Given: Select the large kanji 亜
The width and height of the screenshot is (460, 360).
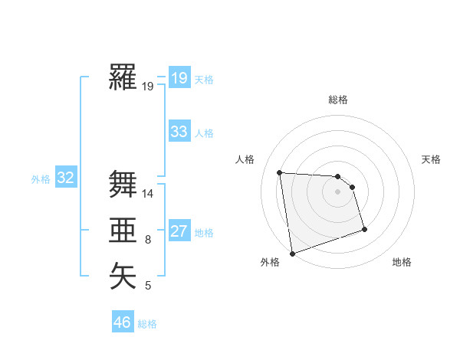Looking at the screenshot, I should (123, 231).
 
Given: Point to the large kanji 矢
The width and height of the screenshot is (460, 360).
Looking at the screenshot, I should (123, 276).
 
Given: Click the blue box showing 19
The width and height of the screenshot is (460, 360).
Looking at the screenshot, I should (179, 77).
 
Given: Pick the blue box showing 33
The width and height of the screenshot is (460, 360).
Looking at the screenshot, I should (179, 132).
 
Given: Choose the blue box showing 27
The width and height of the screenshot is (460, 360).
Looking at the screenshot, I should (179, 231).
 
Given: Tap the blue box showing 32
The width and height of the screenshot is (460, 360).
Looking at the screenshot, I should (66, 178).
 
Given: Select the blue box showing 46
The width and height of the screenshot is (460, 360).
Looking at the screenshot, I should (123, 322).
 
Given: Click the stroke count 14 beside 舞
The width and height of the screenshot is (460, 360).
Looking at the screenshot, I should (148, 194).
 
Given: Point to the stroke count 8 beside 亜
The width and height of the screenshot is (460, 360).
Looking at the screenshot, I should (148, 241).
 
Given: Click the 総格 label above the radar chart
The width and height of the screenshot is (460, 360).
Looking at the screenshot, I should (338, 100).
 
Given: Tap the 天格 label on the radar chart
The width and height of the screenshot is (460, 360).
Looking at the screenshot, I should (431, 159).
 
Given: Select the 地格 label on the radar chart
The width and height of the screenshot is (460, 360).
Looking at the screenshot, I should (402, 262).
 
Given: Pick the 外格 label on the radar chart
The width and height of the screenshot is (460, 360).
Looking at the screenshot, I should (270, 262).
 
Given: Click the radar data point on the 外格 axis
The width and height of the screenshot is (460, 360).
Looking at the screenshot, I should (292, 253).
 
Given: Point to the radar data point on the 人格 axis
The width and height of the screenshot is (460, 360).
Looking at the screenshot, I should (280, 172).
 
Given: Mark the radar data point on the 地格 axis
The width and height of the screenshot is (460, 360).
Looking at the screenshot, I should (364, 229).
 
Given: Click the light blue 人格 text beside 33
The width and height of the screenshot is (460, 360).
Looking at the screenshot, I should (204, 133).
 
